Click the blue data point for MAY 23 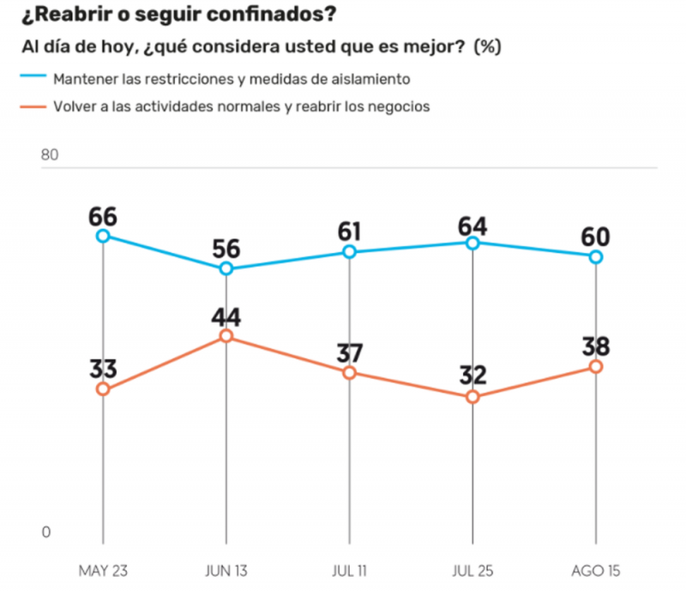(103, 236)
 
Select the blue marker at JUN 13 (226, 268)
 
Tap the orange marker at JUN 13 (226, 336)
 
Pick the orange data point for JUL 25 (472, 397)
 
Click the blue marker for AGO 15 (595, 256)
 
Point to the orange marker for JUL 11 (349, 373)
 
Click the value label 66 (103, 215)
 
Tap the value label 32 (472, 375)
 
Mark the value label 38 (595, 345)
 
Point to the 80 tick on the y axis (50, 155)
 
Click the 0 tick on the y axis (46, 532)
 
